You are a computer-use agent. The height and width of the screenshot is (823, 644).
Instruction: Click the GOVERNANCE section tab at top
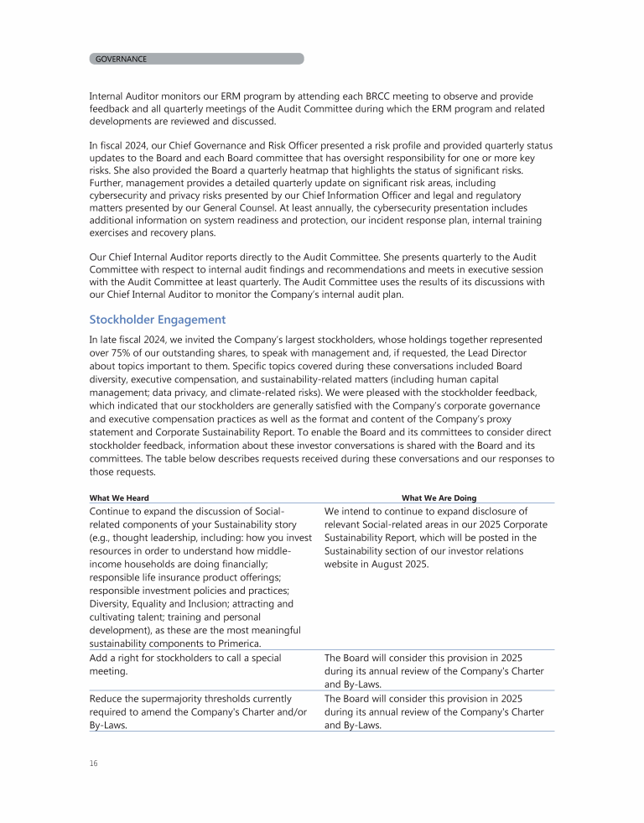click(x=122, y=59)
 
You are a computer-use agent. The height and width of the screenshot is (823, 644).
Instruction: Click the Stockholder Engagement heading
click(x=157, y=320)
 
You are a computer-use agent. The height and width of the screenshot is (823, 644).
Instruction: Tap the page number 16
click(x=94, y=763)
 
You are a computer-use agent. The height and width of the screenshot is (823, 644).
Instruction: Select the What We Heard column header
click(x=119, y=497)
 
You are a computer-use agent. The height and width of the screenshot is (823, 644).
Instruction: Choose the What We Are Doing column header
click(x=439, y=497)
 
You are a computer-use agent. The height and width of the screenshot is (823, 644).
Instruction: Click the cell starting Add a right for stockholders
click(x=185, y=664)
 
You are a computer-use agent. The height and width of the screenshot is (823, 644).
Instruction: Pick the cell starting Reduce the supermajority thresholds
click(x=190, y=711)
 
